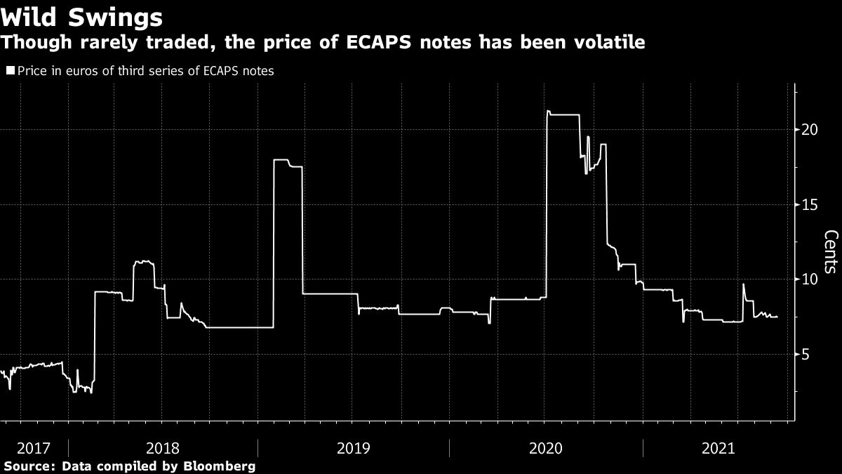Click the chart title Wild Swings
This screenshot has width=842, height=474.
pos(82,15)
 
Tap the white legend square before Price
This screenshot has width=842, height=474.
pos(10,70)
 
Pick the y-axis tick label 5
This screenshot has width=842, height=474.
pos(807,355)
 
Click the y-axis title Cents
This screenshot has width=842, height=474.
pos(830,251)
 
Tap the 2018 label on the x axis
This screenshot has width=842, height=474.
pos(163,448)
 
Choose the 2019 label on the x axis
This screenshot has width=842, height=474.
pos(354,448)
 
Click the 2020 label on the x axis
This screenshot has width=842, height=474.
pos(546,448)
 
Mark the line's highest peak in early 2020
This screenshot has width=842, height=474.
pos(548,111)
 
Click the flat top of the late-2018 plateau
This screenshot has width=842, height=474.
pos(281,160)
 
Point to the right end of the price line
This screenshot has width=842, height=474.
pos(777,317)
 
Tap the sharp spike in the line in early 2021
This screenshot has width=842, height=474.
pos(743,284)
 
